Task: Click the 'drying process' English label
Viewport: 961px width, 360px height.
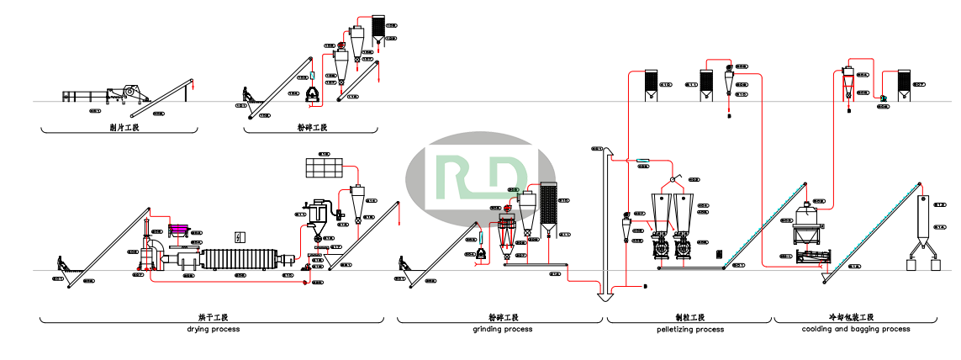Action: (213, 329)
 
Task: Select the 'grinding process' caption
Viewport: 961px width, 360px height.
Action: (502, 329)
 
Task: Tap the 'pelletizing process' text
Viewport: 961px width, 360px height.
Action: (689, 329)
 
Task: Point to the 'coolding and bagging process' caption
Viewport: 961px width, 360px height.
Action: (856, 329)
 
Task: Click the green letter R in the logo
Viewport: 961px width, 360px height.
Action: (459, 175)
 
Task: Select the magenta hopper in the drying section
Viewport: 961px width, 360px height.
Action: (178, 229)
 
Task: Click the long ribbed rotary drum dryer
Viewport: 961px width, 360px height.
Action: (245, 259)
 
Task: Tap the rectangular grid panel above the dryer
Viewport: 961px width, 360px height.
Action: (325, 167)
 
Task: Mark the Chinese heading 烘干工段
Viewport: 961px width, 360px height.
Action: (213, 318)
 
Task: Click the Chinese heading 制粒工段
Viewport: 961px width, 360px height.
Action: (689, 318)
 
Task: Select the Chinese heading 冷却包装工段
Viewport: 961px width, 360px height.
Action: (856, 318)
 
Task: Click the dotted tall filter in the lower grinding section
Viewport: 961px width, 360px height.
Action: (549, 206)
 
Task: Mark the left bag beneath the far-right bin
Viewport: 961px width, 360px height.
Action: (910, 263)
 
